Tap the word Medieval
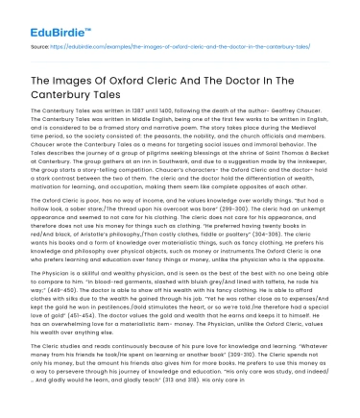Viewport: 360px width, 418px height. pyautogui.click(x=287, y=135)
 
